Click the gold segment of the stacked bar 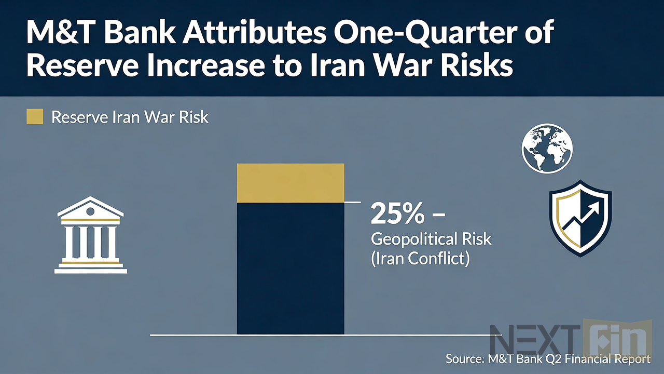[290, 183]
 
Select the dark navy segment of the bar [290, 268]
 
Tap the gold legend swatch [34, 117]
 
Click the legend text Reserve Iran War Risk [130, 117]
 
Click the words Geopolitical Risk [431, 239]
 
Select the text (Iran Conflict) [420, 259]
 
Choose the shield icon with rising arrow [580, 218]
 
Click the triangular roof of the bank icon [91, 208]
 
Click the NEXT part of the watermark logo [534, 340]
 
